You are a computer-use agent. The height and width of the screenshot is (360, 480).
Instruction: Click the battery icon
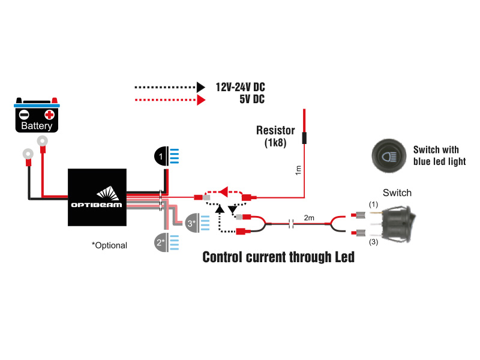(36, 115)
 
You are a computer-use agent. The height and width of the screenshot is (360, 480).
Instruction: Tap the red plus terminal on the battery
(49, 114)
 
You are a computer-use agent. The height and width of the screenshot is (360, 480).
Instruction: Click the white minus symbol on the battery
(24, 114)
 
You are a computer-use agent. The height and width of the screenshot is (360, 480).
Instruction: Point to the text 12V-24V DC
(240, 87)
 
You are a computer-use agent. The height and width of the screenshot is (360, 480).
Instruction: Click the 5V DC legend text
(251, 100)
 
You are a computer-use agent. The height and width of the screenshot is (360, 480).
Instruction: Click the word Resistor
(275, 130)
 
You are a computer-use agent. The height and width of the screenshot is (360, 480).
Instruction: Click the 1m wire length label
(298, 170)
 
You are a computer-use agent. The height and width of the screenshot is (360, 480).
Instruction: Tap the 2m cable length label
(308, 218)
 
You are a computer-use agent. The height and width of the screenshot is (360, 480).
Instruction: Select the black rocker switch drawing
(397, 223)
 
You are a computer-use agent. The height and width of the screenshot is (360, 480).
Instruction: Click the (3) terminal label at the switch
(373, 242)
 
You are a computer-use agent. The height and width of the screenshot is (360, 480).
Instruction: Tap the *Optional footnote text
(109, 245)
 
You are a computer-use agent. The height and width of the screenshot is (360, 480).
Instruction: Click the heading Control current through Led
(278, 257)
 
